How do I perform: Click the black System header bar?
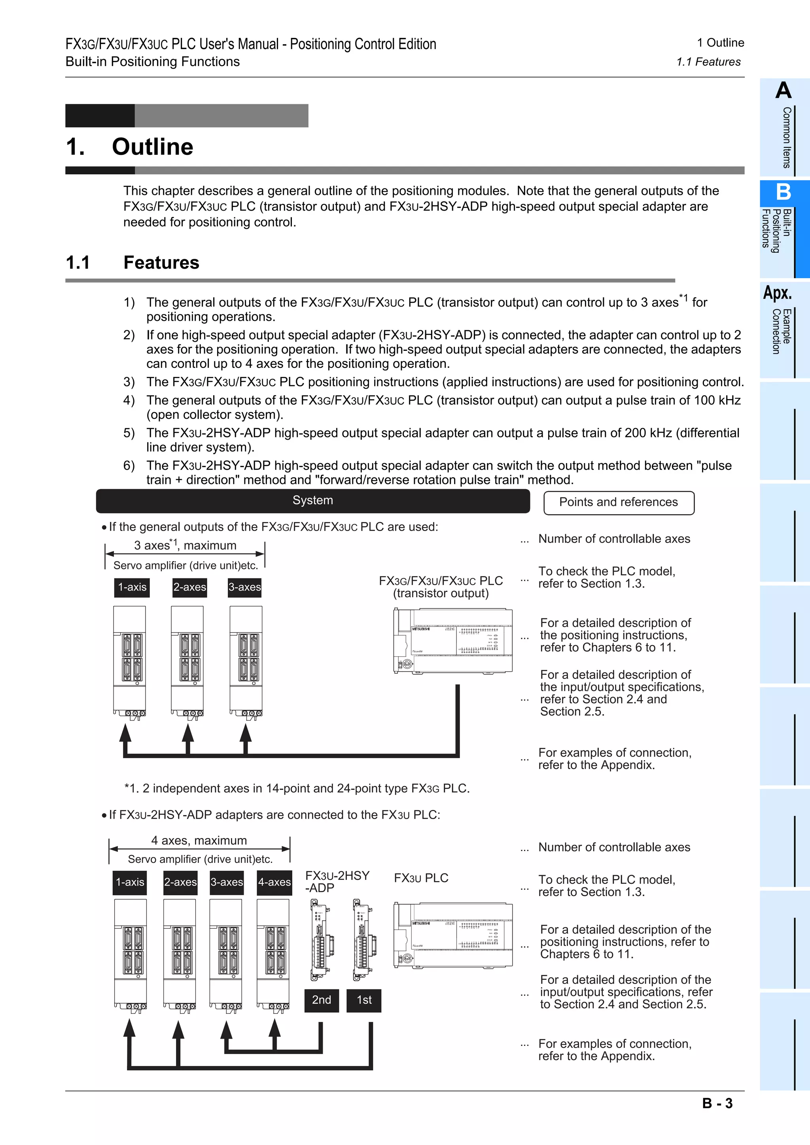click(x=312, y=501)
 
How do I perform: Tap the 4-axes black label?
click(x=274, y=882)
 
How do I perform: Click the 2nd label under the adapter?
click(x=322, y=1000)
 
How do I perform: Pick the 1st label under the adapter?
click(x=364, y=1000)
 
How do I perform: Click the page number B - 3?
click(x=717, y=1103)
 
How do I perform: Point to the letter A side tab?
click(x=783, y=91)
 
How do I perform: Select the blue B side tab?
click(x=783, y=192)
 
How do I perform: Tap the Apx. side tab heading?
click(x=777, y=293)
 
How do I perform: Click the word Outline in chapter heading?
click(x=152, y=147)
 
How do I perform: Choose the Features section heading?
click(x=161, y=263)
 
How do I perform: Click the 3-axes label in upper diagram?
click(x=244, y=587)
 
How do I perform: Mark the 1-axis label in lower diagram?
click(x=130, y=882)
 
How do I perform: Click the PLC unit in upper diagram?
click(x=453, y=641)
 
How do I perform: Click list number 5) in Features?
click(x=129, y=433)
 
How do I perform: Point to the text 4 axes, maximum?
click(x=199, y=840)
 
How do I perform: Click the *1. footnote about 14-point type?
click(x=297, y=789)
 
